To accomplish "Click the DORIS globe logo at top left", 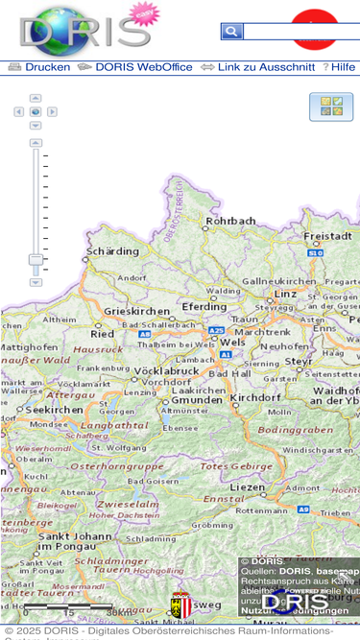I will [x=84, y=27].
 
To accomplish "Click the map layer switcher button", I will [x=331, y=107].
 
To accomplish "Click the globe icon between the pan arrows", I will [x=36, y=111].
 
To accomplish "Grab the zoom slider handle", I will [x=36, y=260].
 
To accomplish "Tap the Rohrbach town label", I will [x=231, y=221].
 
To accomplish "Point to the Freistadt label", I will [x=328, y=235].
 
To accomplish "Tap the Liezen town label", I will [x=248, y=487].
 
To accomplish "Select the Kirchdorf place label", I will [x=254, y=396].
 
